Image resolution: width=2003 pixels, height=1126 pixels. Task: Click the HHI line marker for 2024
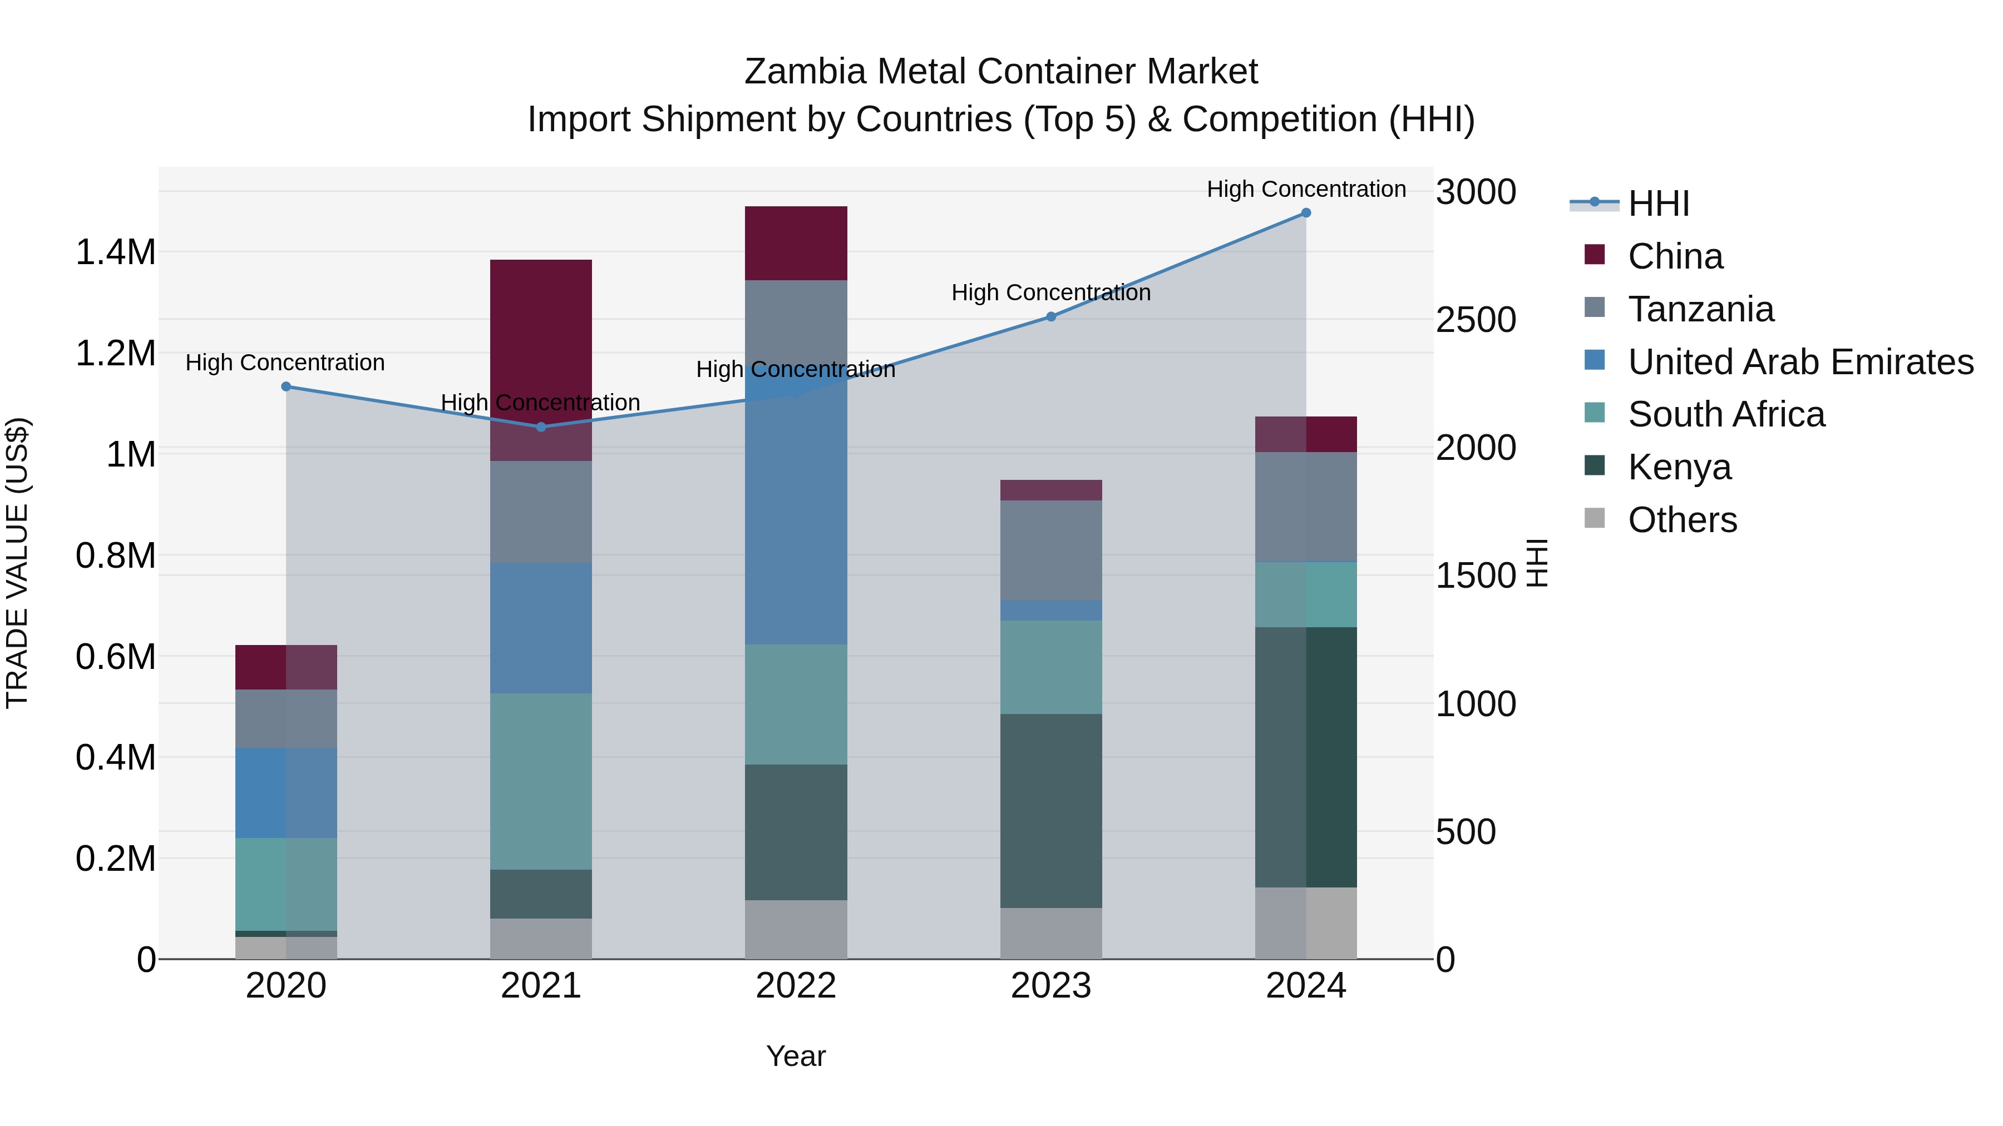point(1305,213)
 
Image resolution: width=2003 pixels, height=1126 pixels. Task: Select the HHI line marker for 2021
point(541,426)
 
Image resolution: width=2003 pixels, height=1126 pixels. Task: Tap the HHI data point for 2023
point(1050,316)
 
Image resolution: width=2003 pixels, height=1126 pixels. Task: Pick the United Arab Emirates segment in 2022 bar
point(796,505)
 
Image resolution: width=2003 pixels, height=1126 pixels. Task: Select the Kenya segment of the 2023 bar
point(1050,811)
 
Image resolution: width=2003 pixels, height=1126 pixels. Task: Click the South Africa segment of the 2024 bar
point(1305,594)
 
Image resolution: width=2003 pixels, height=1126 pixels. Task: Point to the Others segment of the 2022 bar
point(796,929)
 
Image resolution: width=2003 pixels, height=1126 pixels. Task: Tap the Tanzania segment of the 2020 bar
point(286,719)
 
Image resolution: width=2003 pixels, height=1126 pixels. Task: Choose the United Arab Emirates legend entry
point(1800,362)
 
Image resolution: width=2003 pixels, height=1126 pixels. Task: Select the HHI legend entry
point(1658,204)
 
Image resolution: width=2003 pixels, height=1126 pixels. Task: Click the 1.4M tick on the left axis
point(115,252)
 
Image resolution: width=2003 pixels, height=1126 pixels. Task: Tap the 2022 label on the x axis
point(796,986)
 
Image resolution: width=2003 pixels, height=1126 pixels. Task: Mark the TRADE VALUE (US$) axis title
point(17,563)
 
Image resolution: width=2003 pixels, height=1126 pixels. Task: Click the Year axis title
point(796,1056)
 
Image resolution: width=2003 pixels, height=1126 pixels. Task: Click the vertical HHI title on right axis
point(1537,563)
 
